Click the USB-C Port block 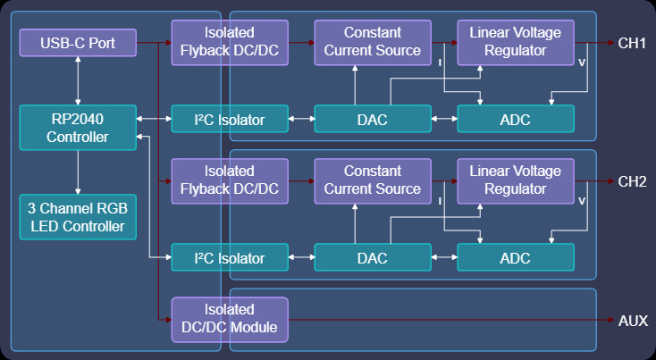pyautogui.click(x=78, y=42)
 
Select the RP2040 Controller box pyautogui.click(x=78, y=127)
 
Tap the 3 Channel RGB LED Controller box pyautogui.click(x=78, y=216)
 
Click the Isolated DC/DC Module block pyautogui.click(x=230, y=319)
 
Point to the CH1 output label pyautogui.click(x=632, y=42)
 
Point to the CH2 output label pyautogui.click(x=632, y=181)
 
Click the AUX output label pyautogui.click(x=633, y=321)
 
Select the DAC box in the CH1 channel pyautogui.click(x=373, y=119)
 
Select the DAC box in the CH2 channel pyautogui.click(x=373, y=258)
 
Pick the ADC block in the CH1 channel pyautogui.click(x=516, y=119)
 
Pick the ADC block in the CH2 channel pyautogui.click(x=516, y=258)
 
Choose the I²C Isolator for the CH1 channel pyautogui.click(x=230, y=119)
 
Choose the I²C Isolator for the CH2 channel pyautogui.click(x=230, y=258)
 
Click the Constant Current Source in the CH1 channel pyautogui.click(x=373, y=42)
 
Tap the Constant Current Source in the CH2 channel pyautogui.click(x=373, y=181)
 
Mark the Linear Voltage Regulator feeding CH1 pyautogui.click(x=516, y=42)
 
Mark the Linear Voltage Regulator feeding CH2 pyautogui.click(x=516, y=181)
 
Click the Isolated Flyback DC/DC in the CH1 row pyautogui.click(x=230, y=42)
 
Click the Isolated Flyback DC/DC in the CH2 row pyautogui.click(x=230, y=181)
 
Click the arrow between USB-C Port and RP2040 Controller pyautogui.click(x=79, y=80)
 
